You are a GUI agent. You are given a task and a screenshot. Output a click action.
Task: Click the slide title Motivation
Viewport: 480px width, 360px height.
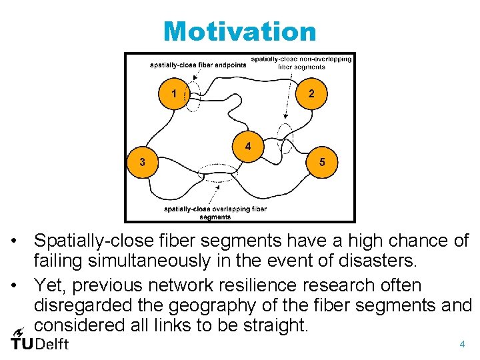click(x=239, y=31)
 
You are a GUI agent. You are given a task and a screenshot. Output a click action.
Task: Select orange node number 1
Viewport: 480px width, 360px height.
click(x=173, y=94)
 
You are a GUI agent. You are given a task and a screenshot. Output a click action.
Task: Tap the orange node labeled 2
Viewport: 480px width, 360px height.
click(x=311, y=94)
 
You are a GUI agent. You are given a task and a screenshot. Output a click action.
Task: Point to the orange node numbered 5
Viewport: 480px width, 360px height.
click(x=323, y=163)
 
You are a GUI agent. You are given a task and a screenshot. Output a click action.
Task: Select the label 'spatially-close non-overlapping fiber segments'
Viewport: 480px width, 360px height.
click(x=301, y=63)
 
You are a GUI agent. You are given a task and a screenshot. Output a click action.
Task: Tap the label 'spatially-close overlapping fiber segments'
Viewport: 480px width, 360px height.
click(x=215, y=212)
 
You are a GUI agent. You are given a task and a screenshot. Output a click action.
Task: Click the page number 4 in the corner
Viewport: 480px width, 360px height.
click(x=461, y=345)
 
